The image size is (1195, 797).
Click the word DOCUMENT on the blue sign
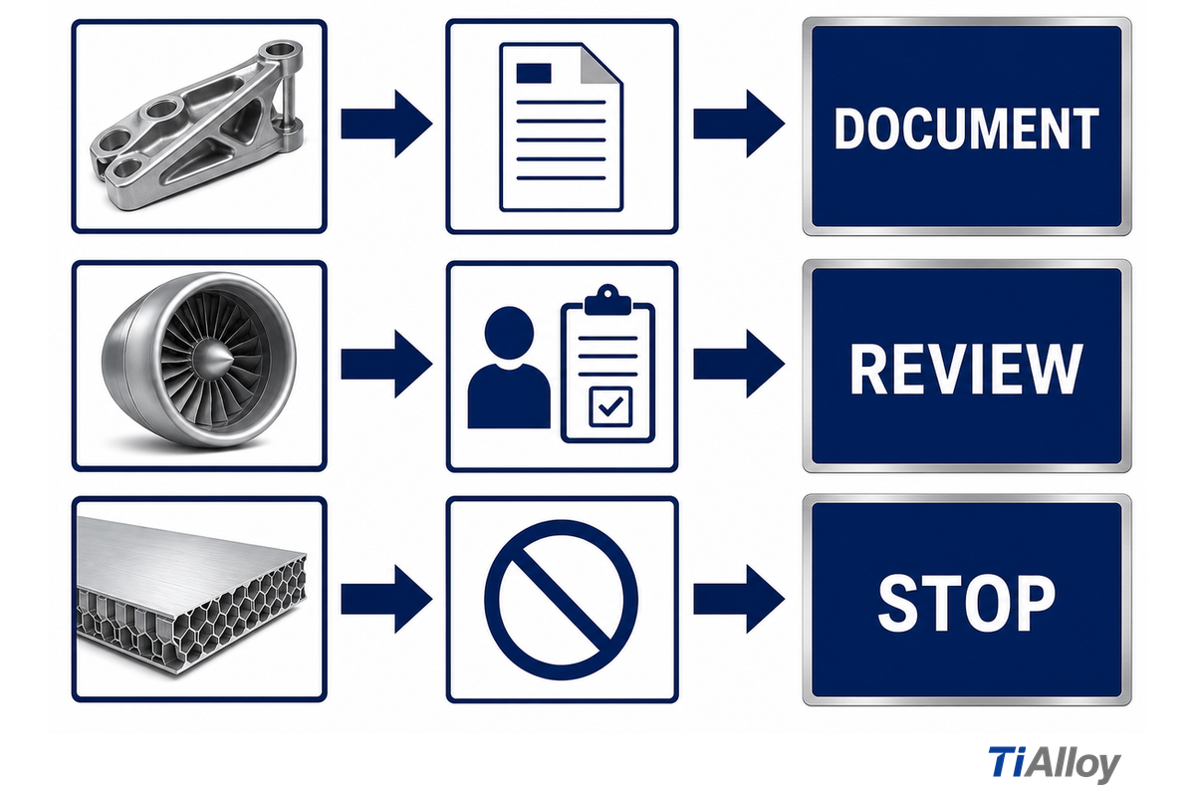(x=966, y=129)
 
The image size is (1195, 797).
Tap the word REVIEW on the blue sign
(x=966, y=369)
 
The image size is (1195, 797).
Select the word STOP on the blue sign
(x=966, y=603)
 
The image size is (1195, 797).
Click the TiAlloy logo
(x=1055, y=764)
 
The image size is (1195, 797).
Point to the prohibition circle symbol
(x=562, y=600)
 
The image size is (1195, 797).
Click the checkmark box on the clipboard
(x=610, y=406)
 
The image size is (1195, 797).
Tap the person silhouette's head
(x=509, y=333)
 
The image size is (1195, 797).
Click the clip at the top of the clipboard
(x=607, y=301)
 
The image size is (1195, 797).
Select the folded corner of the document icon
(x=600, y=64)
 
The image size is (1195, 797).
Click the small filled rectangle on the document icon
(x=534, y=73)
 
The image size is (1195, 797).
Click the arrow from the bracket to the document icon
(x=386, y=124)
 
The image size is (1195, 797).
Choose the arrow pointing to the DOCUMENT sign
(x=739, y=124)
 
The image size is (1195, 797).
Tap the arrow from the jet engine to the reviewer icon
(x=386, y=364)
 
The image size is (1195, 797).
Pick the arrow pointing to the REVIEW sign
(x=739, y=364)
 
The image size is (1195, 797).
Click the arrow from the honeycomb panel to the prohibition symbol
(x=386, y=599)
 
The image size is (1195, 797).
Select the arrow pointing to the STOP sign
(x=739, y=599)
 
